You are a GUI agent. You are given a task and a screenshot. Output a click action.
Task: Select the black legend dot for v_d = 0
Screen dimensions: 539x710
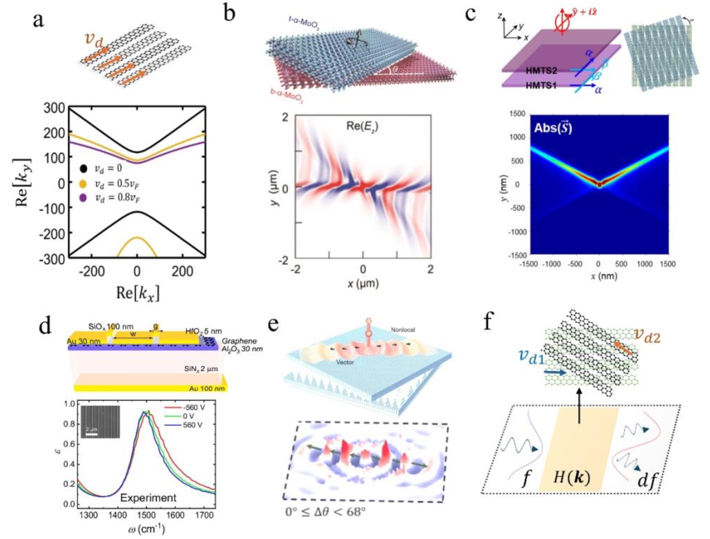pos(83,168)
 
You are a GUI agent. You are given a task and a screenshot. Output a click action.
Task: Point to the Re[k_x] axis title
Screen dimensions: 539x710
pos(137,293)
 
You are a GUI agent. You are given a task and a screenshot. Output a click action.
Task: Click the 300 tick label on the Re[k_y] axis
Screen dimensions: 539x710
pos(54,108)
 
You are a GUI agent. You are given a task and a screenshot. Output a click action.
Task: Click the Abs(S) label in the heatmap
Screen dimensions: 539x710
pos(553,128)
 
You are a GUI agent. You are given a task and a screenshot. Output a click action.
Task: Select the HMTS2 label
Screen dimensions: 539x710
pos(541,70)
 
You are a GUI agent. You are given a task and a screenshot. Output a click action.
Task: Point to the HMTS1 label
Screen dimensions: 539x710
pos(541,86)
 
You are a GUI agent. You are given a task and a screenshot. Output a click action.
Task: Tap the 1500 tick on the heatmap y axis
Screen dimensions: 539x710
pos(518,114)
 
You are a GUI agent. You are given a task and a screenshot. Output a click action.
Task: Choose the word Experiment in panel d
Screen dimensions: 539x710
pos(148,498)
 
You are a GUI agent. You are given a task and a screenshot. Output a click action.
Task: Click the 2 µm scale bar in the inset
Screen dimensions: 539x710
pos(91,433)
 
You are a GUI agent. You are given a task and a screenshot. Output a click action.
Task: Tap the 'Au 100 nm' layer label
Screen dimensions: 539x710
pos(207,389)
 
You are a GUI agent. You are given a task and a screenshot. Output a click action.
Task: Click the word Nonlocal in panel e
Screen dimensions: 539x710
pos(402,330)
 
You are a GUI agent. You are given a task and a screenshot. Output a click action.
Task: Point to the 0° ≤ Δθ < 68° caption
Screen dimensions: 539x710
pos(325,512)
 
